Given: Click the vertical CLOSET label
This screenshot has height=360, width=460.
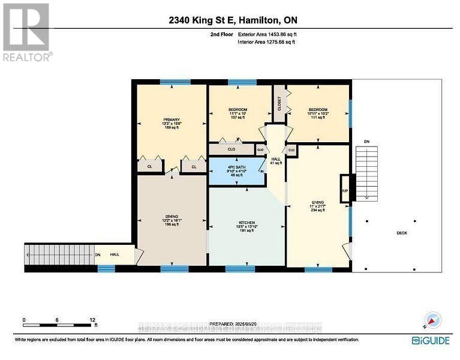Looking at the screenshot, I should pyautogui.click(x=279, y=103).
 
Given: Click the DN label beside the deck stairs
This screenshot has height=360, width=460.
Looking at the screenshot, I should pyautogui.click(x=367, y=142).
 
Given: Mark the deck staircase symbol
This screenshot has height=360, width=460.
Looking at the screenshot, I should pyautogui.click(x=363, y=175).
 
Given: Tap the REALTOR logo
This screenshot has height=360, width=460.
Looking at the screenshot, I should pyautogui.click(x=26, y=31).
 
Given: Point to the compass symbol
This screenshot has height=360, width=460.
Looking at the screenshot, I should pyautogui.click(x=432, y=320).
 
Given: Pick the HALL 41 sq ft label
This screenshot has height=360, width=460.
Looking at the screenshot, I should pyautogui.click(x=276, y=161).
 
